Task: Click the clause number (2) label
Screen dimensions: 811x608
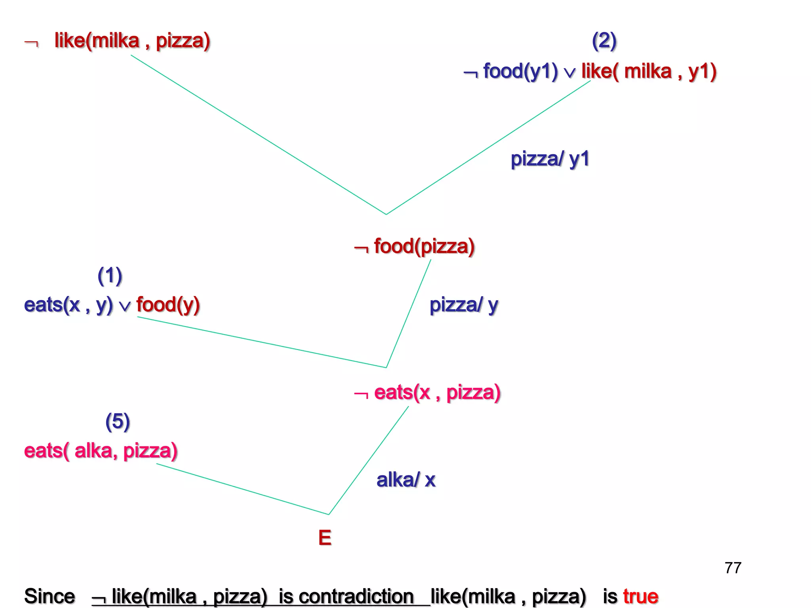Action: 604,41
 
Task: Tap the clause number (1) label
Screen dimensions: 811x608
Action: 110,276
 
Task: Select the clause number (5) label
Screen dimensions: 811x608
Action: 118,422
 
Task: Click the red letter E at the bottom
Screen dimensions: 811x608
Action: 325,538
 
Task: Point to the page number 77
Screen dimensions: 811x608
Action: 733,568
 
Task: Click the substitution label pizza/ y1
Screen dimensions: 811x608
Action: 550,159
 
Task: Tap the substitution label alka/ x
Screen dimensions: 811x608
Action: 406,480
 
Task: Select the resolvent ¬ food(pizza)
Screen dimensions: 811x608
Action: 415,247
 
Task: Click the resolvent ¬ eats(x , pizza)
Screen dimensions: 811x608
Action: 427,393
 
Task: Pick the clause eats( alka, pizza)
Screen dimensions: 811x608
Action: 101,451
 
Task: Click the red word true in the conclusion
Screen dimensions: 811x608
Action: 640,597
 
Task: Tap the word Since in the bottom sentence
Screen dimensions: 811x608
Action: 49,597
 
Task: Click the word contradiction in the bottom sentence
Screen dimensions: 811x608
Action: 346,597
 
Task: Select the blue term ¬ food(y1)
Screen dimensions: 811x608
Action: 511,72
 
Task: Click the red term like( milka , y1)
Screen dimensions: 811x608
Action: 649,72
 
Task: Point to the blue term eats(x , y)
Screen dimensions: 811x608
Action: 68,305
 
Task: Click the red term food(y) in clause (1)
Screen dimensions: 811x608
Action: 168,305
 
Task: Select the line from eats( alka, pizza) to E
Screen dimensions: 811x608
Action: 242,489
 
